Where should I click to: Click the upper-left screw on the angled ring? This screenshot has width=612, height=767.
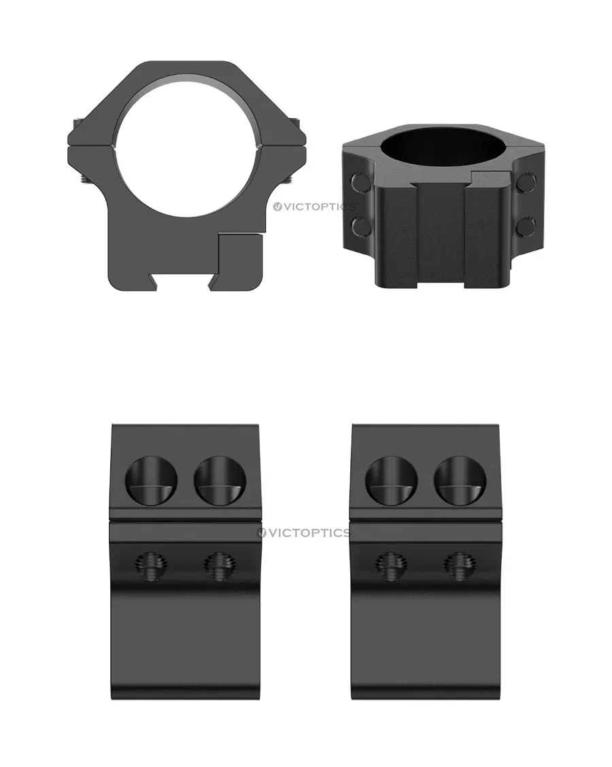coord(360,182)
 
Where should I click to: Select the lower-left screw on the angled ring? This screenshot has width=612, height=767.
coord(361,226)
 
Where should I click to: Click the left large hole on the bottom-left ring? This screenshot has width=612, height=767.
coord(151,481)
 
